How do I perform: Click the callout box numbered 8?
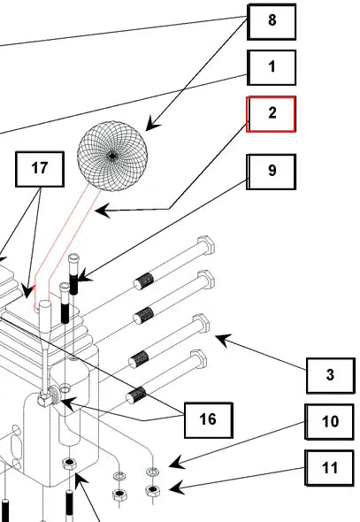[272, 21]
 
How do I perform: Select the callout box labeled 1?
[272, 67]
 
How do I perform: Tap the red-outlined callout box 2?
[271, 114]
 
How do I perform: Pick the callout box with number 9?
[271, 172]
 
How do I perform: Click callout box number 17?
[40, 169]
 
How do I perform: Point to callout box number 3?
[331, 375]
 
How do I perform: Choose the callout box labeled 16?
[209, 420]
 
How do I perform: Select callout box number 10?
[329, 422]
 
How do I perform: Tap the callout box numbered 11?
[329, 468]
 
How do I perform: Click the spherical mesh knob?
[112, 156]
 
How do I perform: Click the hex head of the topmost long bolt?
[206, 245]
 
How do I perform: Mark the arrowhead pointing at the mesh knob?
[152, 124]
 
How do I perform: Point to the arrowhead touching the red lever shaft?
[102, 211]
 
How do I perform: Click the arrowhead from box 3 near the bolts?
[223, 340]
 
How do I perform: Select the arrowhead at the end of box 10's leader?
[176, 463]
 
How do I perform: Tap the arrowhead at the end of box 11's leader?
[176, 487]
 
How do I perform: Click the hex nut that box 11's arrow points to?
[152, 490]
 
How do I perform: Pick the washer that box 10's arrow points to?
[152, 471]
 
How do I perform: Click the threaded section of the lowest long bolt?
[137, 395]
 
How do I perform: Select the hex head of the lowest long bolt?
[198, 358]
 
